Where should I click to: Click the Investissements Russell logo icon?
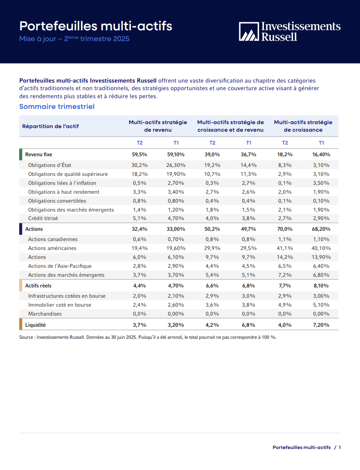click(x=249, y=31)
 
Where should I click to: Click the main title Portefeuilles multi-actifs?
click(x=96, y=26)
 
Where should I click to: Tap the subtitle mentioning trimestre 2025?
click(x=74, y=39)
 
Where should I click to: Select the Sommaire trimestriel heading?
click(x=57, y=107)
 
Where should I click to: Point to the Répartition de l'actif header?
click(x=50, y=126)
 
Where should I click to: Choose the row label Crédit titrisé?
click(x=43, y=218)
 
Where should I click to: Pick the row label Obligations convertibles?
click(x=57, y=201)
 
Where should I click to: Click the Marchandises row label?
click(x=45, y=314)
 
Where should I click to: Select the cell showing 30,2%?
click(x=140, y=165)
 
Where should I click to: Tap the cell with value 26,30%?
click(x=176, y=165)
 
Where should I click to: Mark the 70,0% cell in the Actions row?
click(x=285, y=229)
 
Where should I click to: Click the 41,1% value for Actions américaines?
click(x=285, y=248)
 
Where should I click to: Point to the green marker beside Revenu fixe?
click(x=21, y=154)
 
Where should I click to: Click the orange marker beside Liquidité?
click(x=21, y=325)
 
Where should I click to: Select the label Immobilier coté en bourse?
click(x=60, y=305)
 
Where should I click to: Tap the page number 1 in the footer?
click(x=340, y=447)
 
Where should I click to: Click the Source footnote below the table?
click(x=148, y=337)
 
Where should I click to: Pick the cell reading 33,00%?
click(x=176, y=229)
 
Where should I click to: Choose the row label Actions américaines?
click(x=52, y=248)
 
